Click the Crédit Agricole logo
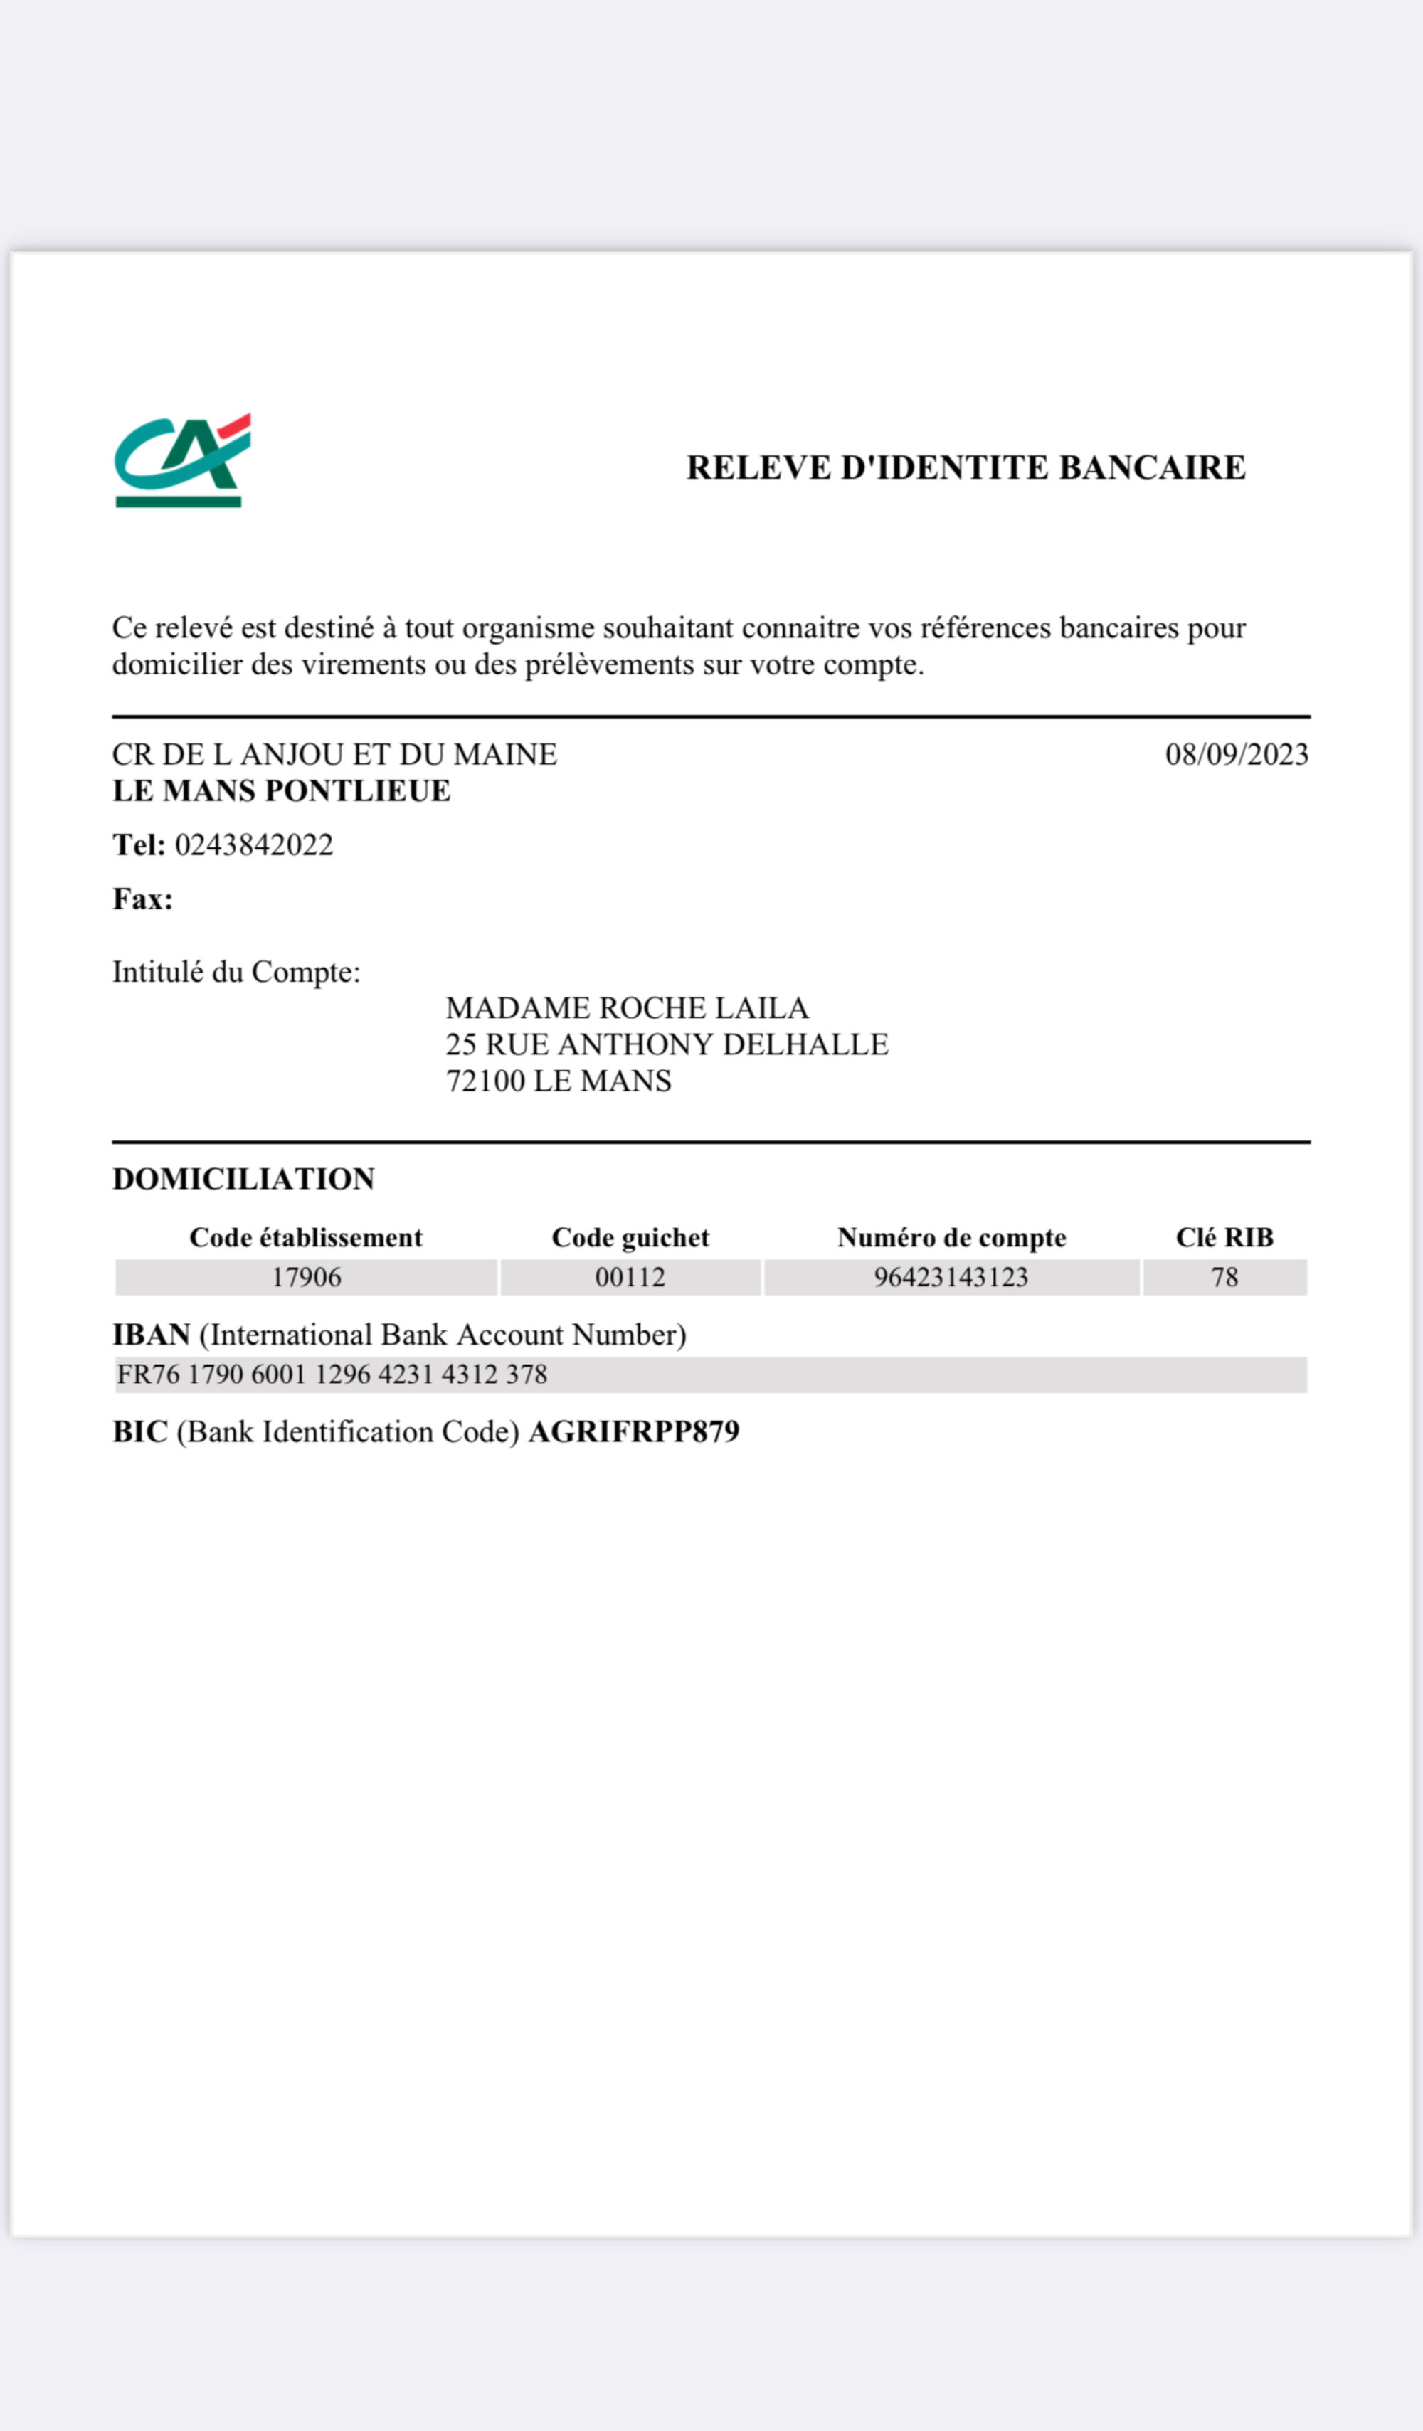182,461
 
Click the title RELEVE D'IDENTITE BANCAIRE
966,468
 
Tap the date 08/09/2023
1236,754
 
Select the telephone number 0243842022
254,845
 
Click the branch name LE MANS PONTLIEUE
282,791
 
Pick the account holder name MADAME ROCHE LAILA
627,1008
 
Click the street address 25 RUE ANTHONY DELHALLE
667,1044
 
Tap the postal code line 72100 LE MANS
559,1081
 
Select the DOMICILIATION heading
244,1179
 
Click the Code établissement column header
306,1238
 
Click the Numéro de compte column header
951,1238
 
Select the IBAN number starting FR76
332,1375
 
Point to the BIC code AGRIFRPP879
634,1431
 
